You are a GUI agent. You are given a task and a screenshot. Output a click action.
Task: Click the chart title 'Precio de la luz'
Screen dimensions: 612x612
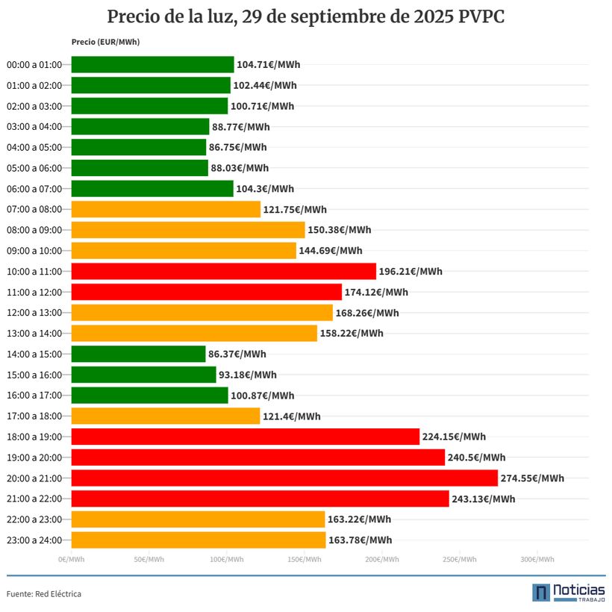305,16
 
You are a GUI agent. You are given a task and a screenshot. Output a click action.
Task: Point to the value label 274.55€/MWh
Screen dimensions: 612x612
532,478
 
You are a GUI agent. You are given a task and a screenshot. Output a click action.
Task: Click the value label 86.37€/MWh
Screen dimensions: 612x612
237,355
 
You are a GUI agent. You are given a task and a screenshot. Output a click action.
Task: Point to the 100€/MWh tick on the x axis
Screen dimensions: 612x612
226,560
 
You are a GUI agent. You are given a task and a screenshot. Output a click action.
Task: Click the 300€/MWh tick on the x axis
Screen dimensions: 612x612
537,560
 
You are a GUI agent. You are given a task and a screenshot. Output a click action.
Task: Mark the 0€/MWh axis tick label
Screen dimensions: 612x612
72,560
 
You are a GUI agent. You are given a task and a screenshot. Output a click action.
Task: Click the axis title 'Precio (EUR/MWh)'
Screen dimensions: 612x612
105,43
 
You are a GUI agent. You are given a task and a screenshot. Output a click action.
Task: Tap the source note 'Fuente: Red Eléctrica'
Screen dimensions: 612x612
44,594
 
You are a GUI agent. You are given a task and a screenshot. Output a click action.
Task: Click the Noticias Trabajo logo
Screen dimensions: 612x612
569,592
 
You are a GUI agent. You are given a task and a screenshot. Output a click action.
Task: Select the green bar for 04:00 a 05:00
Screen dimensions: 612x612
138,147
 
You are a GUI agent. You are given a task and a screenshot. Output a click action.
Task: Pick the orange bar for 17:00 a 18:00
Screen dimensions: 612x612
165,416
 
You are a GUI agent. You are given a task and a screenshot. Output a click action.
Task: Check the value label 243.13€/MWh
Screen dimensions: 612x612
483,499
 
